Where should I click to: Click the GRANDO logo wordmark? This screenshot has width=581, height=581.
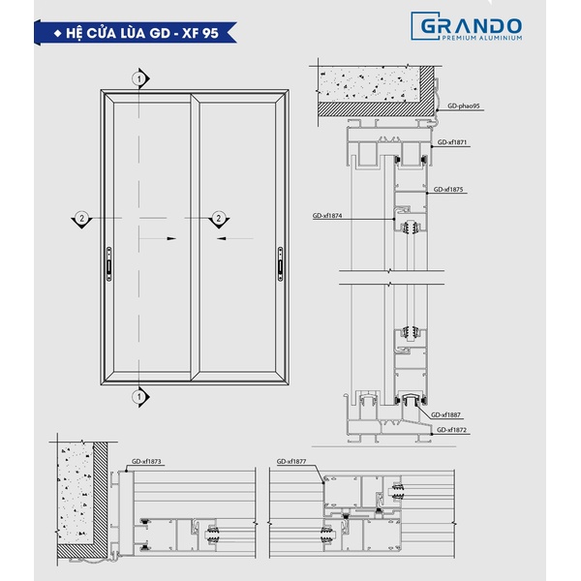pos(471,26)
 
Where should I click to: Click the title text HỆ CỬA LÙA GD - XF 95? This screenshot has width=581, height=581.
pos(142,33)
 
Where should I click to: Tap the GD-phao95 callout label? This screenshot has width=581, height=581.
pos(463,106)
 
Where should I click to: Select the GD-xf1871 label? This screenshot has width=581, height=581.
pos(452,142)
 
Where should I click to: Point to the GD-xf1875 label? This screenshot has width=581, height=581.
pos(448,190)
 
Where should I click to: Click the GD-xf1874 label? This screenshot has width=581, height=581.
pos(327,215)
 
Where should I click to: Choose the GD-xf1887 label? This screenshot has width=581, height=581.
pos(445,415)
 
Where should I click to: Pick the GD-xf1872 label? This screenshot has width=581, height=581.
pos(451,430)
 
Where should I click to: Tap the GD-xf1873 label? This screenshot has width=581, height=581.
pos(146,462)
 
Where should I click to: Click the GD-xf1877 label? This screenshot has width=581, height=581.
pos(291,462)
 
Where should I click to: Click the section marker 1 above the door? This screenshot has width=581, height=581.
pos(140,78)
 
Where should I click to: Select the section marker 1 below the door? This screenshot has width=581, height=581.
pos(140,397)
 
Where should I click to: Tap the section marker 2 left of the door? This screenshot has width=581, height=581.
pos(82,220)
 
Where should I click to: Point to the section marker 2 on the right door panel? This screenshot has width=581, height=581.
pos(219,220)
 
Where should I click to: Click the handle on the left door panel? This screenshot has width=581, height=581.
pos(108,263)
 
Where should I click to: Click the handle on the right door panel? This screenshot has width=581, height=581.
pos(280,263)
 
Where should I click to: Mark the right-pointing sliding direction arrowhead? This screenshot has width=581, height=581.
pos(171,238)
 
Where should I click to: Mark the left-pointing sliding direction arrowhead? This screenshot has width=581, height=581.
pos(221,238)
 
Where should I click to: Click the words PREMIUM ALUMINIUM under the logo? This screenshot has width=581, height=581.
pos(482,38)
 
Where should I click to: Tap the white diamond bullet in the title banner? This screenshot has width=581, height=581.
pos(57,33)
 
